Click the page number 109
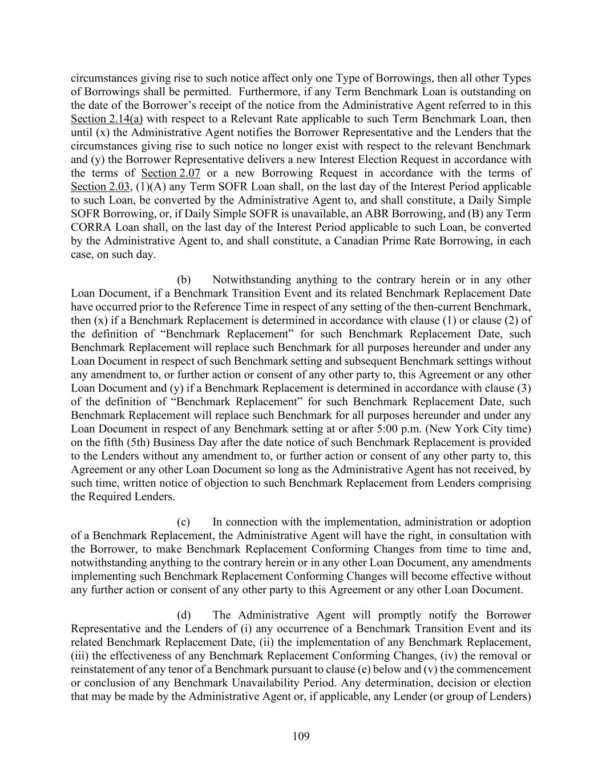301,736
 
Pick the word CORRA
90,227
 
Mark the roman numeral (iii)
80,656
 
